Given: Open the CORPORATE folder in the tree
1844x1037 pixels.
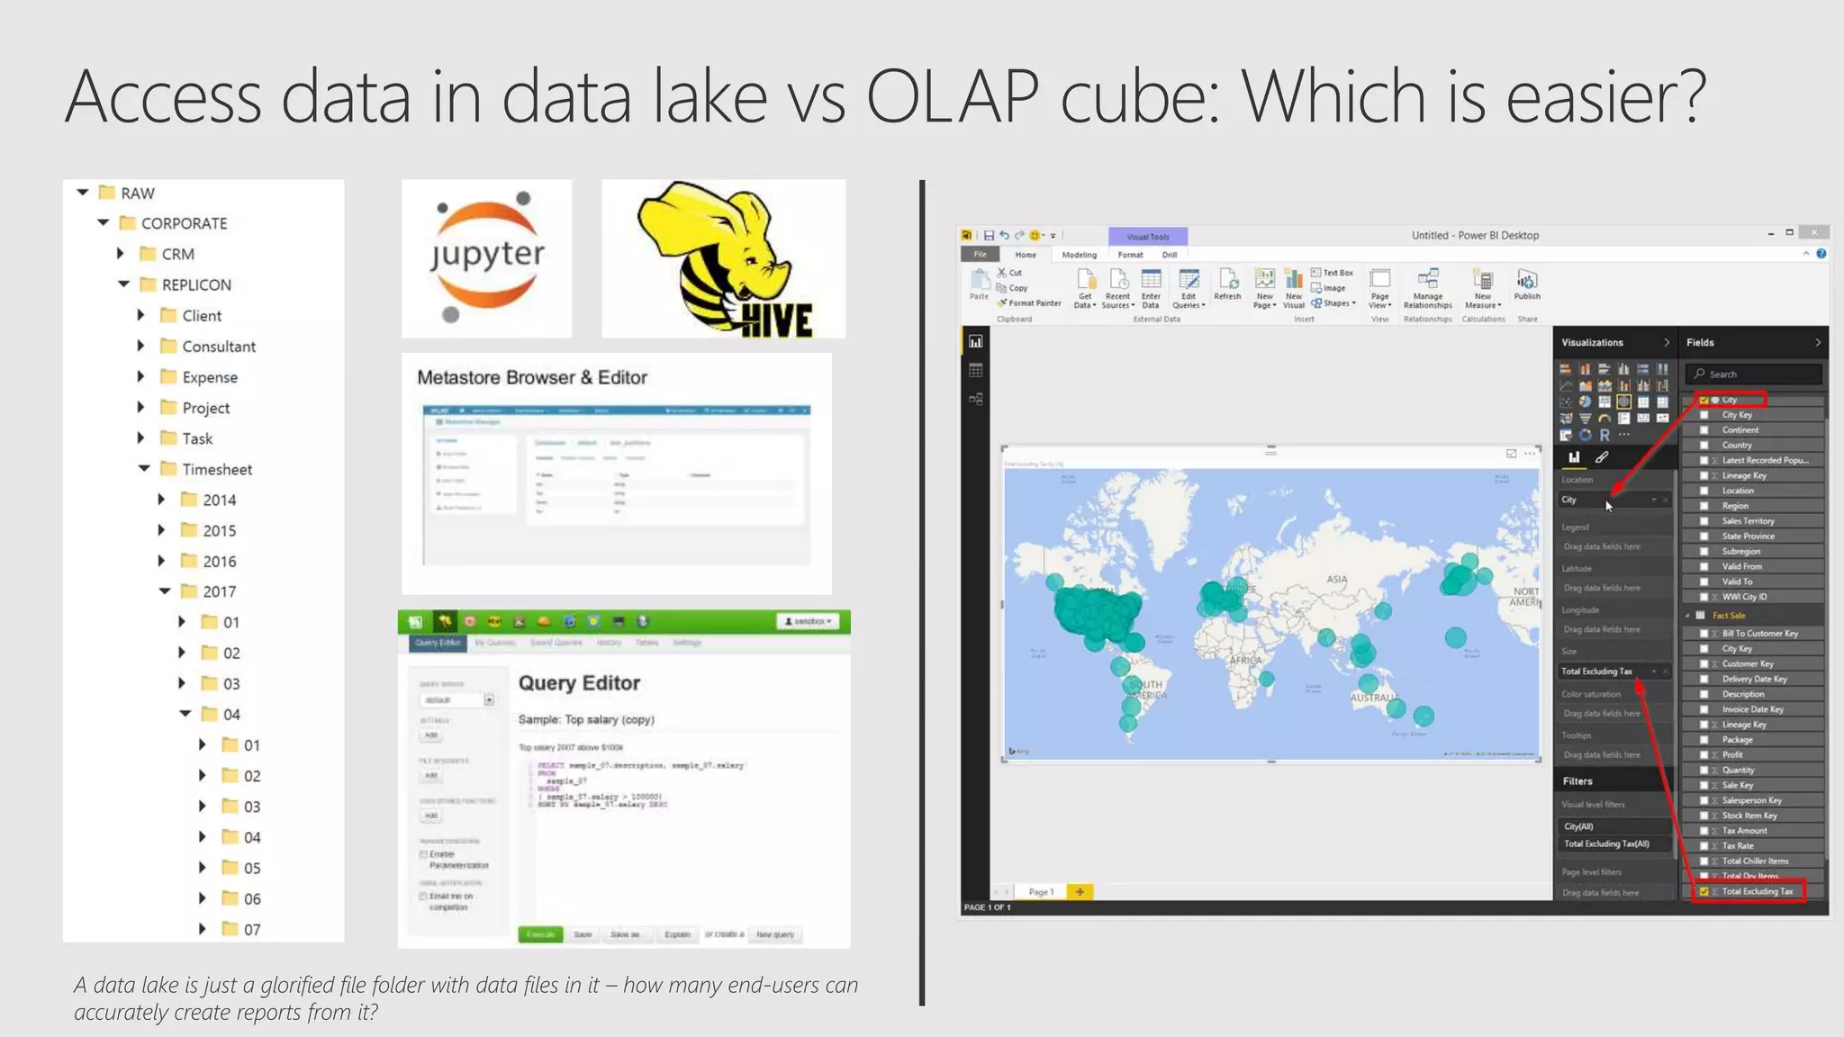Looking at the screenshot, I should click(184, 223).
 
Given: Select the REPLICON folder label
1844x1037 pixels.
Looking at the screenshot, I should click(196, 284).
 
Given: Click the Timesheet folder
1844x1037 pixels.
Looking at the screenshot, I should click(216, 469).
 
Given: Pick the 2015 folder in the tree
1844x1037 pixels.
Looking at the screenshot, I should click(219, 530).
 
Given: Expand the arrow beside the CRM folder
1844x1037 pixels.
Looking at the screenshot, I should click(121, 254).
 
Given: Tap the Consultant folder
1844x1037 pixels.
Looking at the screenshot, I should click(218, 347).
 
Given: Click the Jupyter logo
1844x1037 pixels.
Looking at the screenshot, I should click(487, 257).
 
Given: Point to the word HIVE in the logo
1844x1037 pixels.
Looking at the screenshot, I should click(775, 319).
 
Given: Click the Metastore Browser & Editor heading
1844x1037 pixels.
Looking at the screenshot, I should click(531, 377).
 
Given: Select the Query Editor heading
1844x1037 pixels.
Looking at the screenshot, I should click(579, 683).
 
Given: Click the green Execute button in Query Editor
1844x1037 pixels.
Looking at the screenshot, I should click(540, 934).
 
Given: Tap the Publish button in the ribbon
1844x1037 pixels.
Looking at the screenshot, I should click(1527, 284).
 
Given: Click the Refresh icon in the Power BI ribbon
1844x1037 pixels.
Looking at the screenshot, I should click(1227, 283).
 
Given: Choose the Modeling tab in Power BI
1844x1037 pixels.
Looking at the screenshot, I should click(1079, 255).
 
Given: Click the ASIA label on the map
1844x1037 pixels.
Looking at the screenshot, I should click(1337, 579).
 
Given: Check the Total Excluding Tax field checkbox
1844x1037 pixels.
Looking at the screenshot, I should click(1704, 891).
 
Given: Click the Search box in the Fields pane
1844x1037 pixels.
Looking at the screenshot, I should click(1756, 374).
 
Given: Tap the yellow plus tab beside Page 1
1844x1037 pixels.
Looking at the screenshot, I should click(1079, 891).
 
